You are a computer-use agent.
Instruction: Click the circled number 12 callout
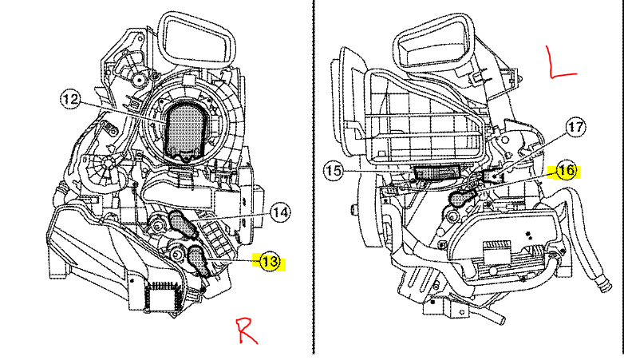coord(71,100)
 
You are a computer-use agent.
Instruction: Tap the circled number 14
coord(279,212)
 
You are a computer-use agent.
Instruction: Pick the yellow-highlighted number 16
coord(566,170)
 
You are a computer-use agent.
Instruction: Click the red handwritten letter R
coord(246,329)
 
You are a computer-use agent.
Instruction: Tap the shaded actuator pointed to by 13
coord(196,259)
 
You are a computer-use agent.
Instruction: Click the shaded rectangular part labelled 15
coord(439,171)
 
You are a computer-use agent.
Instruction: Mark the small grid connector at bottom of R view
coord(163,296)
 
